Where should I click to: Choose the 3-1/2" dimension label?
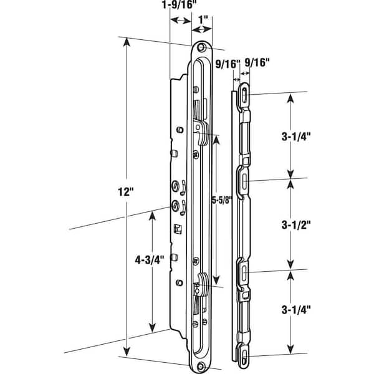(292, 223)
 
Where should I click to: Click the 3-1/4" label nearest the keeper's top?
(292, 133)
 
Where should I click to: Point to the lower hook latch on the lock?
(201, 284)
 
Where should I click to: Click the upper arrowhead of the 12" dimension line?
(127, 42)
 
